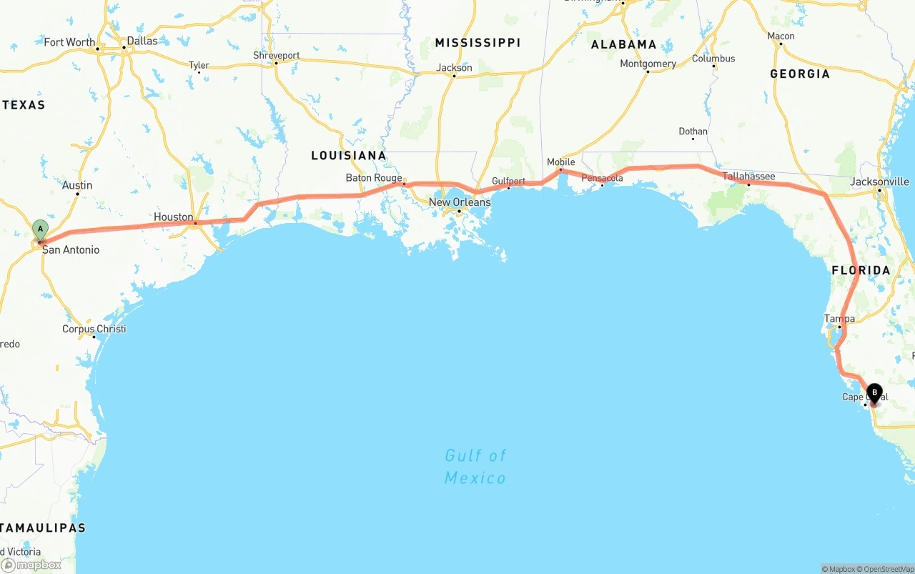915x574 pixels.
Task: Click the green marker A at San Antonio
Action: [x=40, y=230]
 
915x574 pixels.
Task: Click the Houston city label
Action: [x=174, y=217]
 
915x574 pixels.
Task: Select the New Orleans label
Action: [x=460, y=202]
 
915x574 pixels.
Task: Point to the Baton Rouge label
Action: [x=374, y=178]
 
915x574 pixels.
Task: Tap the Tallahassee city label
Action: [x=748, y=176]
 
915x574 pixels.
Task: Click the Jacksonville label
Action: [x=879, y=182]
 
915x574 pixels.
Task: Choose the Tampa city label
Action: [x=839, y=319]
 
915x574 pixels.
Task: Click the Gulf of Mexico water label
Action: [x=475, y=466]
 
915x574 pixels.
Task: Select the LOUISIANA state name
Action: [x=348, y=155]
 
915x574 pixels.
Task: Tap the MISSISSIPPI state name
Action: [x=478, y=43]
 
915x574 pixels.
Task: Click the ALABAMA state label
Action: [x=624, y=44]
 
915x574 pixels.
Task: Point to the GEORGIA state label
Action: [x=800, y=74]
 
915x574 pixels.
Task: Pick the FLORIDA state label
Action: [x=861, y=270]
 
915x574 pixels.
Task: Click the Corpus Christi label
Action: [x=94, y=329]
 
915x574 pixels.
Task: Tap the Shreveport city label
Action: [x=276, y=55]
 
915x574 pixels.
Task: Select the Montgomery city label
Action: [x=648, y=64]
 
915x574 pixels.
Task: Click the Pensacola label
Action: [x=602, y=178]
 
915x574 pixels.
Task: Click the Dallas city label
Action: [x=142, y=41]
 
